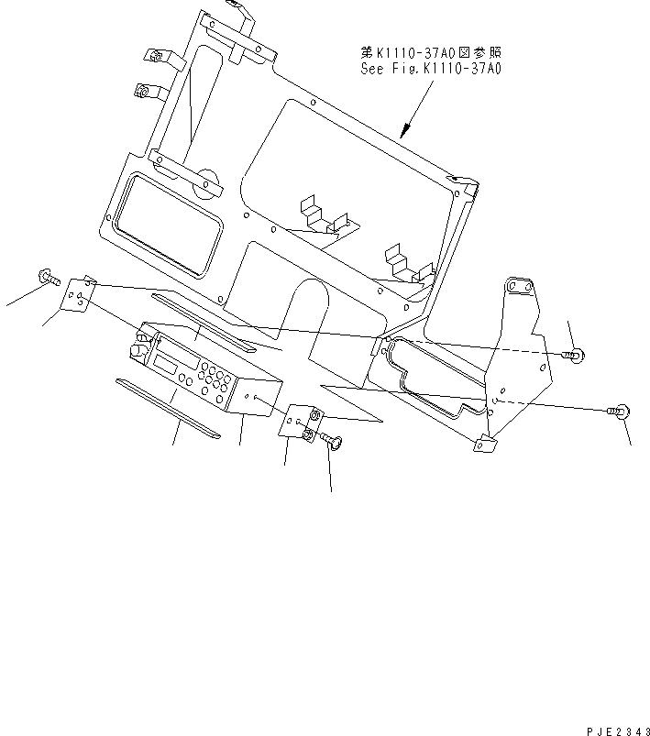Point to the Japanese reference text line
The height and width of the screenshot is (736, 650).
tap(431, 51)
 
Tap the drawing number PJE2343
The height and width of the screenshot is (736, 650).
tap(618, 731)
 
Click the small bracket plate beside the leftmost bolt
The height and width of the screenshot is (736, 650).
tap(78, 294)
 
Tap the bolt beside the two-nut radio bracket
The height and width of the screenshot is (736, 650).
tap(333, 440)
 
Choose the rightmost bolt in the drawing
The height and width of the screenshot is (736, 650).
tap(619, 412)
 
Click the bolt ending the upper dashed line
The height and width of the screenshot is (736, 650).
tap(575, 356)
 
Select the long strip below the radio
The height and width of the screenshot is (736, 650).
tap(168, 409)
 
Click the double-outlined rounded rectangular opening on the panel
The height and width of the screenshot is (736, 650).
tap(169, 225)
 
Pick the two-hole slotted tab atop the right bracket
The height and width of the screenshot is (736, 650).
tap(520, 286)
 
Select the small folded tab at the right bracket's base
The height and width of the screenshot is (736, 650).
tap(485, 444)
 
